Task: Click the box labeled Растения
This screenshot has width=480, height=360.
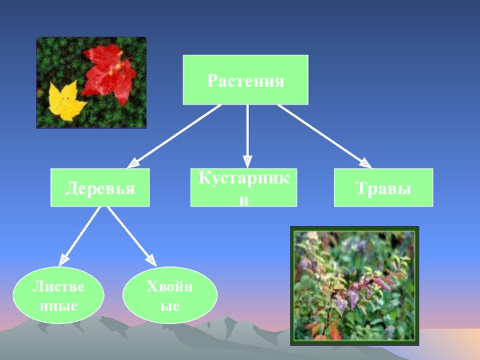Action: pyautogui.click(x=245, y=80)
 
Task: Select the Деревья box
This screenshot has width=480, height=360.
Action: pyautogui.click(x=100, y=188)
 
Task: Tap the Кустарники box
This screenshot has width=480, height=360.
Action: pyautogui.click(x=243, y=188)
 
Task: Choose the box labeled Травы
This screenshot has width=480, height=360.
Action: pyautogui.click(x=383, y=188)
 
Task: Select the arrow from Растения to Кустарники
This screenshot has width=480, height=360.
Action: pyautogui.click(x=247, y=133)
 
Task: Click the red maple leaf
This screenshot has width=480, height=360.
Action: pyautogui.click(x=111, y=72)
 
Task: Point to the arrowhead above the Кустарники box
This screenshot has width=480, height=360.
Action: pyautogui.click(x=247, y=161)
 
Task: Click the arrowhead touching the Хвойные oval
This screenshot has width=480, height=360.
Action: pyautogui.click(x=152, y=261)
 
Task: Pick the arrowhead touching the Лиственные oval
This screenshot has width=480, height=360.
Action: pyautogui.click(x=63, y=260)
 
